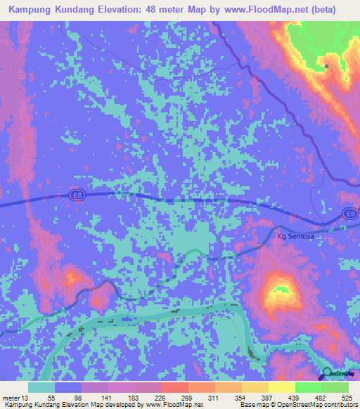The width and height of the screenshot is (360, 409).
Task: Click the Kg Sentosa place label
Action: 296,237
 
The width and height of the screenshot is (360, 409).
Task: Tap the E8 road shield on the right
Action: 349,213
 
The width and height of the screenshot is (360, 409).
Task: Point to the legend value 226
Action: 160,398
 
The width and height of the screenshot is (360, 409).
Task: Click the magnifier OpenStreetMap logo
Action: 326,372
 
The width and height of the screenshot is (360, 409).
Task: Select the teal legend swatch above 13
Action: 41,387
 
